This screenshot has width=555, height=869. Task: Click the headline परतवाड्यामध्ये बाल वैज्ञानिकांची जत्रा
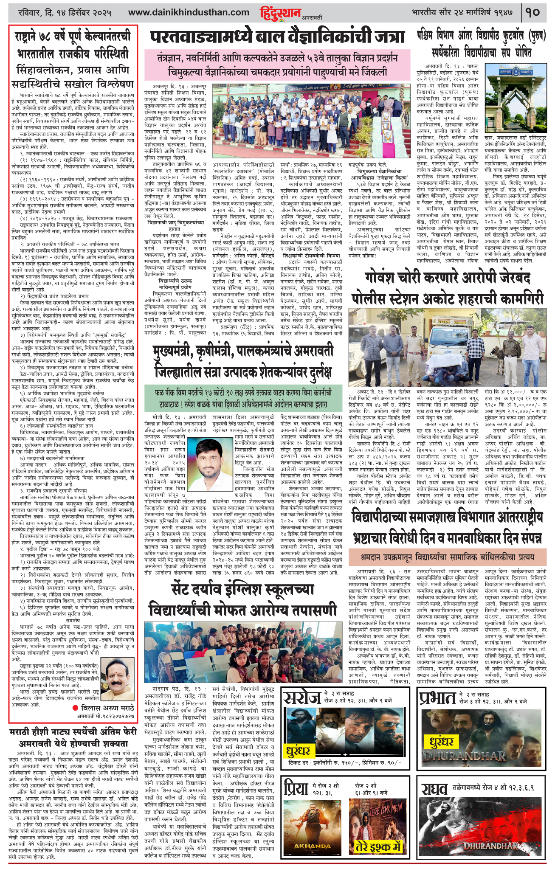[277, 37]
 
